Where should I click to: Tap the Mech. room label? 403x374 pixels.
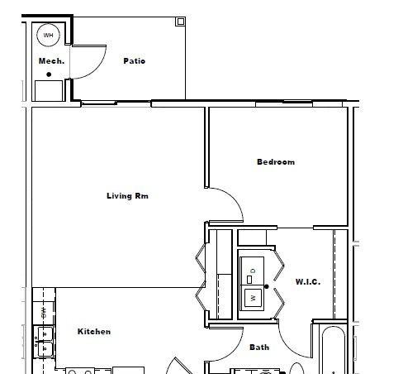point(51,61)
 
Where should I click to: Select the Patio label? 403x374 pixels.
point(134,60)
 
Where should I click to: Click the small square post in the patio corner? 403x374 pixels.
point(180,22)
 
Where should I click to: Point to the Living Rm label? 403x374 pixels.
point(127,196)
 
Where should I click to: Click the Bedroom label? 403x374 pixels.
point(276,162)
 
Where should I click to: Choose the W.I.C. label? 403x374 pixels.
point(308,282)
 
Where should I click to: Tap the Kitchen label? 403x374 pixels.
point(94,331)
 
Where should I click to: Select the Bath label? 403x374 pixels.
point(259,347)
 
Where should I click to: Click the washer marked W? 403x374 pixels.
point(252,298)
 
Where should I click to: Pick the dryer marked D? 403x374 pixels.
point(252,271)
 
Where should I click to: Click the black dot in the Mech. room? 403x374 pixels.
point(49,74)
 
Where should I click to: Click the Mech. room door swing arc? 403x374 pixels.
point(97,70)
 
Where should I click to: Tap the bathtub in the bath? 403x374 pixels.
point(334,350)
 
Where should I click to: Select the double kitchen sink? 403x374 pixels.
point(44,342)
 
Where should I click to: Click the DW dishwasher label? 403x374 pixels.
point(44,313)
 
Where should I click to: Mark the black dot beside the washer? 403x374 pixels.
point(267,286)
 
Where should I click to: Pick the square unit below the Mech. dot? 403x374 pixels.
point(49,91)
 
